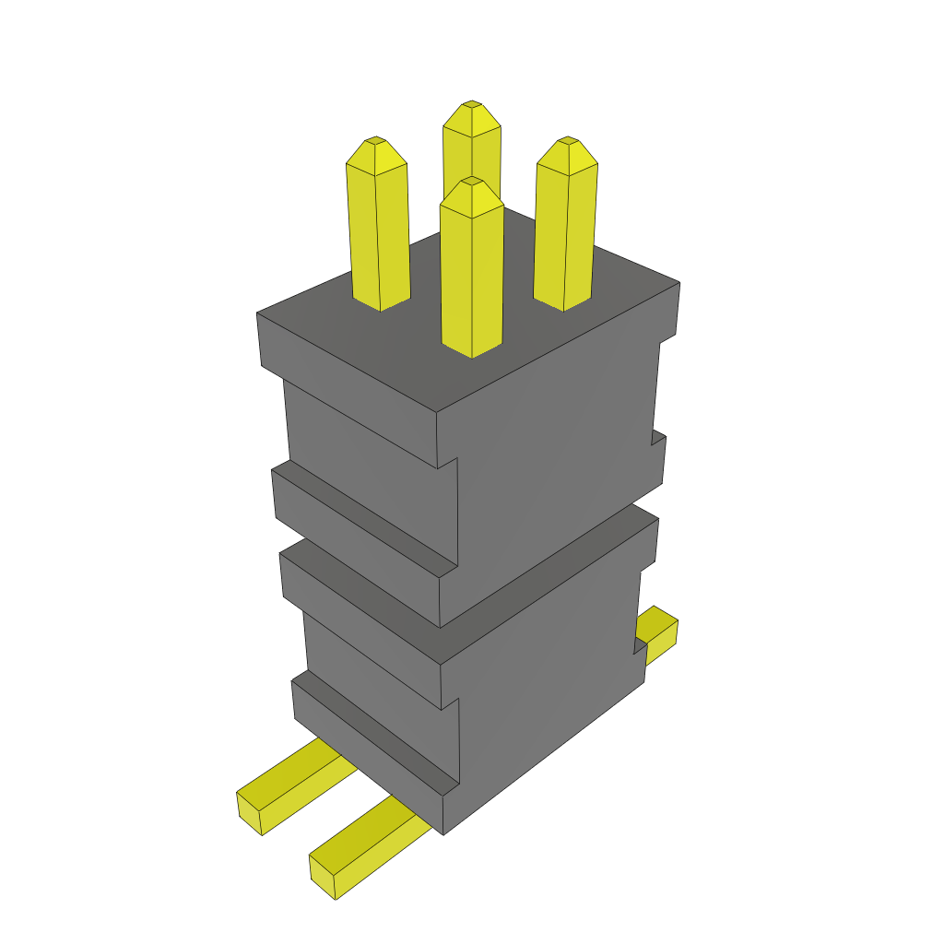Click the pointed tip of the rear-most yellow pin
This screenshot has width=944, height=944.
(x=472, y=105)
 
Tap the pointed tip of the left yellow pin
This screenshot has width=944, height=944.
(x=375, y=141)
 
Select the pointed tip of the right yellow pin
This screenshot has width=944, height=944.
(x=567, y=141)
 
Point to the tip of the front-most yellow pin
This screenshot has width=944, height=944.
(x=472, y=182)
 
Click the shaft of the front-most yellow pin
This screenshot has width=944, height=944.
(x=472, y=277)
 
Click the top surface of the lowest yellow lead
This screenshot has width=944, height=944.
(x=369, y=834)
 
